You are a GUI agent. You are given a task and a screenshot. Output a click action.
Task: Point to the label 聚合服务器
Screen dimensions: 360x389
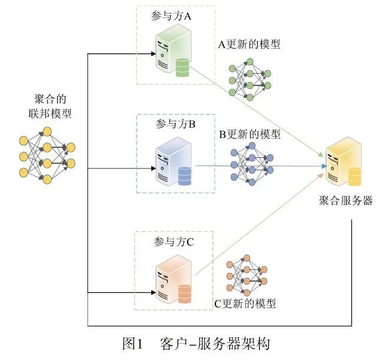(344, 200)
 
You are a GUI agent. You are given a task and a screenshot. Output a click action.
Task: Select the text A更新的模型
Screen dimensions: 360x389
(248, 44)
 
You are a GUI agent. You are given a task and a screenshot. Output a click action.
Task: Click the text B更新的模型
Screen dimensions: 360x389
(250, 134)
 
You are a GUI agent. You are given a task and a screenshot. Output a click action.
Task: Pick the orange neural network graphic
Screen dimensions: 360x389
(247, 277)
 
